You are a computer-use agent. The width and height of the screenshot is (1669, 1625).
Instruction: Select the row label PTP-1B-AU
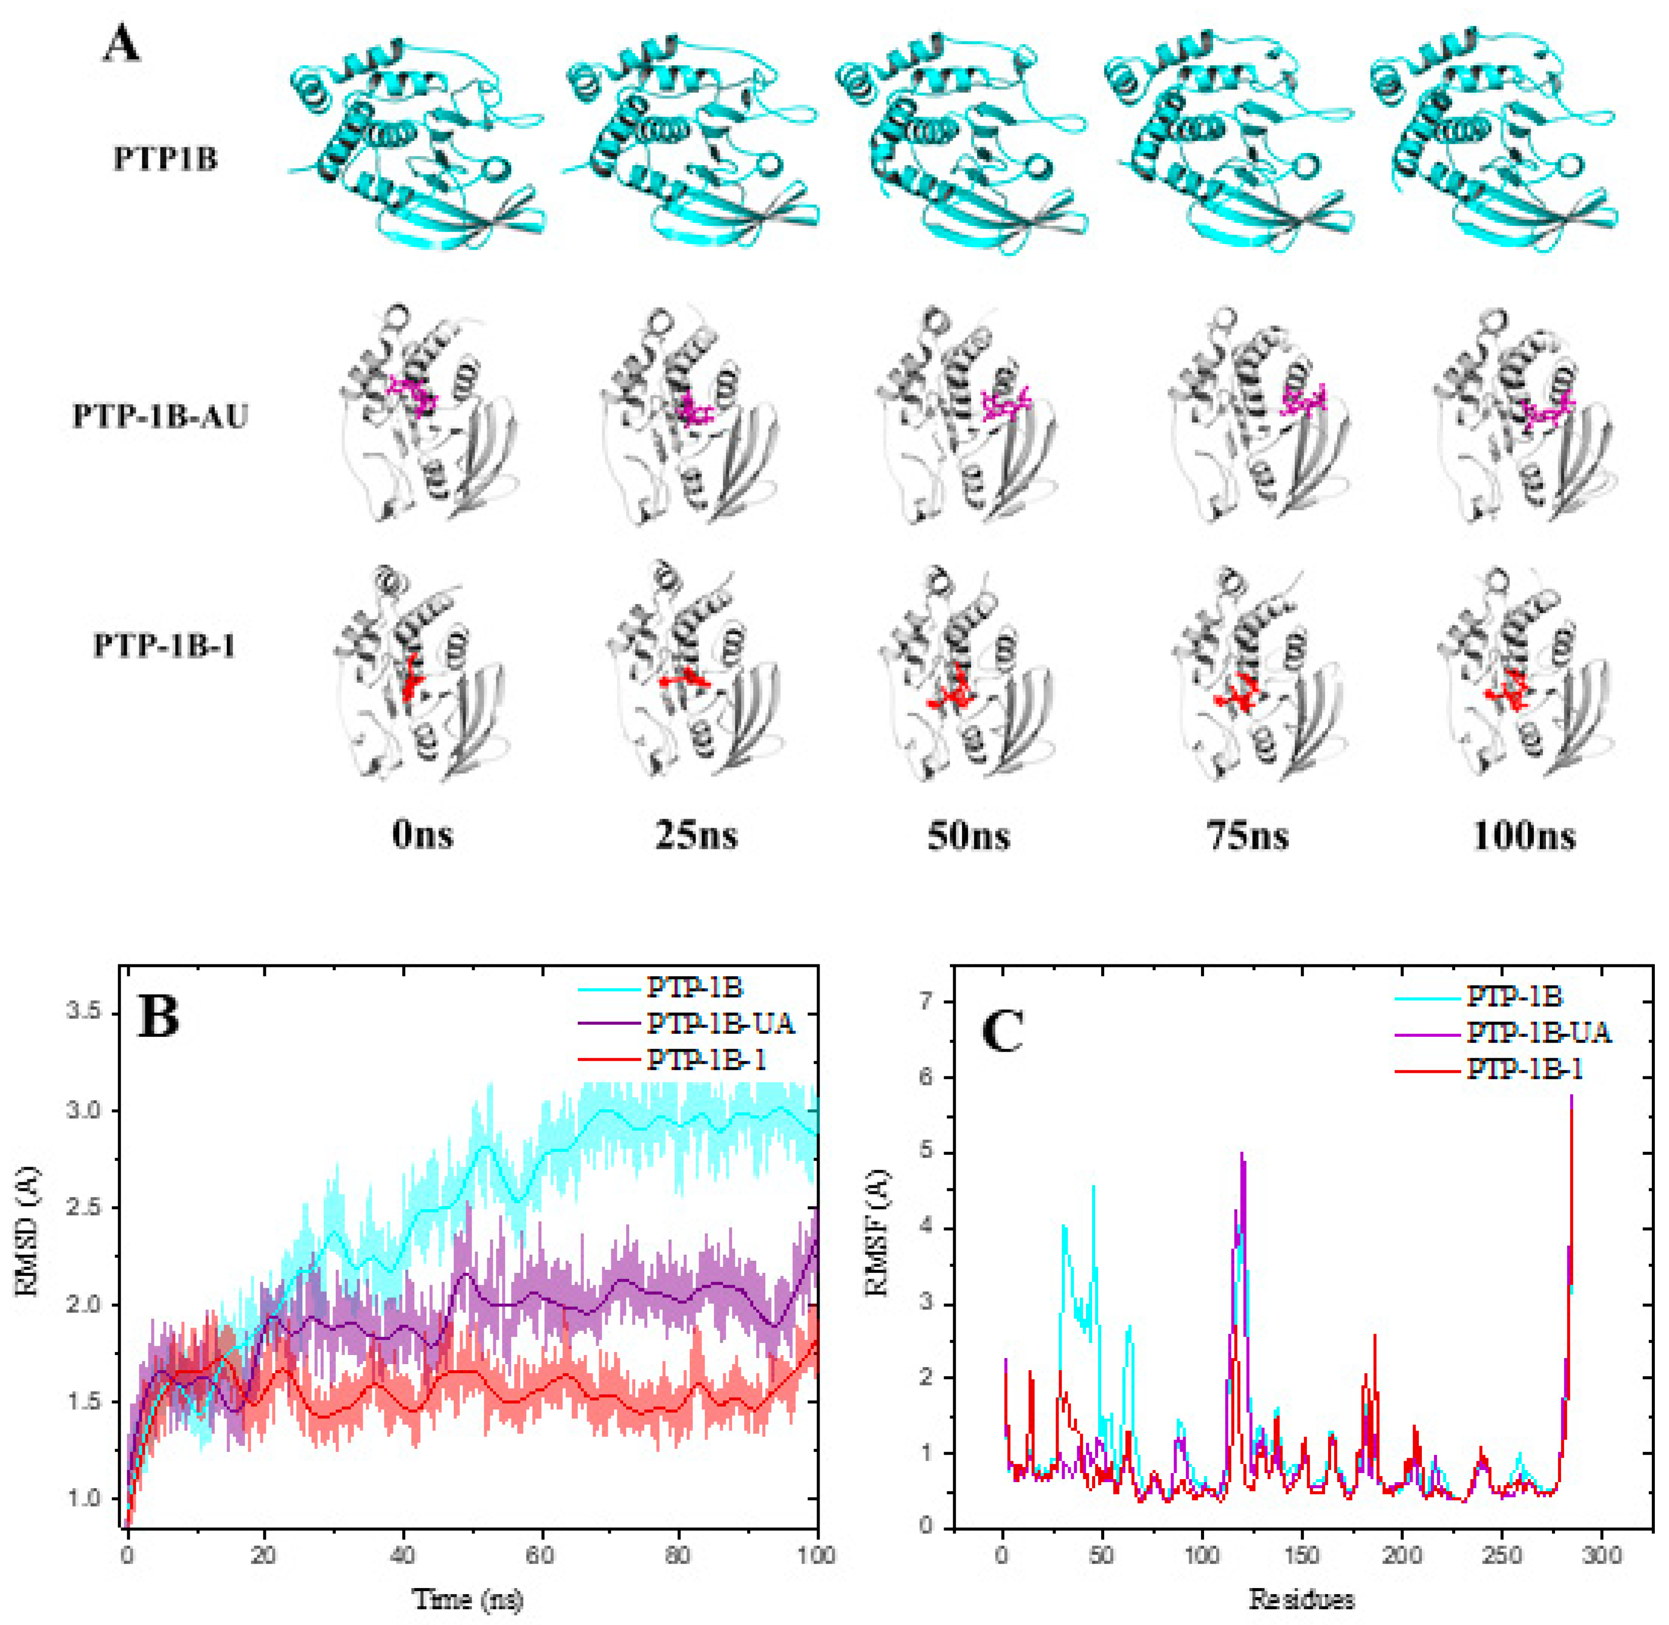pyautogui.click(x=161, y=416)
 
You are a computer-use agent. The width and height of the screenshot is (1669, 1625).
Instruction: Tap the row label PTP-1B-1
pyautogui.click(x=164, y=646)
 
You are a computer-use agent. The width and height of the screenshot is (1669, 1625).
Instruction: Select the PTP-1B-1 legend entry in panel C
pyautogui.click(x=1525, y=1068)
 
